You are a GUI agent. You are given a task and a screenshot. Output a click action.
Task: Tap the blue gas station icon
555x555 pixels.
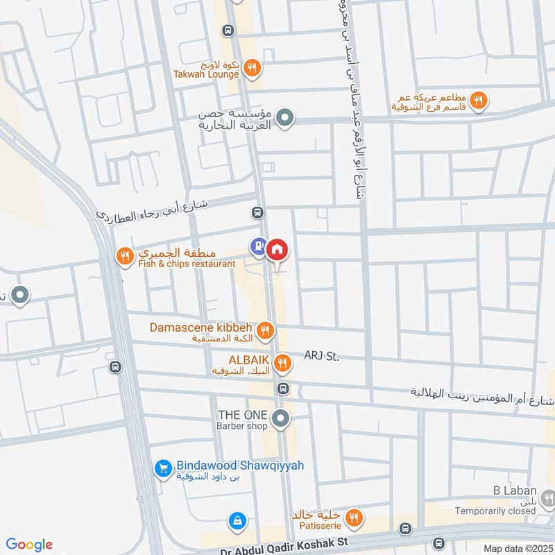tap(258, 245)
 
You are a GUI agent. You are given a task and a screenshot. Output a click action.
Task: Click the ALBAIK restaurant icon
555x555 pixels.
tap(282, 362)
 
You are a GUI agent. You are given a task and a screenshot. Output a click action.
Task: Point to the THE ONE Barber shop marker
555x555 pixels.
tap(281, 418)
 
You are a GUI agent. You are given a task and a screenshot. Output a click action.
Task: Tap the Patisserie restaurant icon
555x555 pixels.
tap(354, 517)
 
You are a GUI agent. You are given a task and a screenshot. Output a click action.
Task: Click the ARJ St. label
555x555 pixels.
tap(321, 357)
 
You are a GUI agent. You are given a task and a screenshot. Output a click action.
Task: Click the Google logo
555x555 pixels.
tap(29, 545)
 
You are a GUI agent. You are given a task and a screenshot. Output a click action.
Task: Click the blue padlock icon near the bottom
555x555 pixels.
tap(237, 520)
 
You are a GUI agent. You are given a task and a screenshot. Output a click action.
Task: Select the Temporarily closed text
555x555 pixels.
tap(495, 511)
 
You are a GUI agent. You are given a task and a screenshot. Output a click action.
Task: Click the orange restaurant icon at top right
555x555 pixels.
tap(477, 102)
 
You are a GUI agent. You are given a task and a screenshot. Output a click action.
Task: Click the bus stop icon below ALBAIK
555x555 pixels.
tap(282, 388)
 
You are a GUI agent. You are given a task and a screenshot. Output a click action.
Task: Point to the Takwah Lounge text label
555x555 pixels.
tap(207, 74)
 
